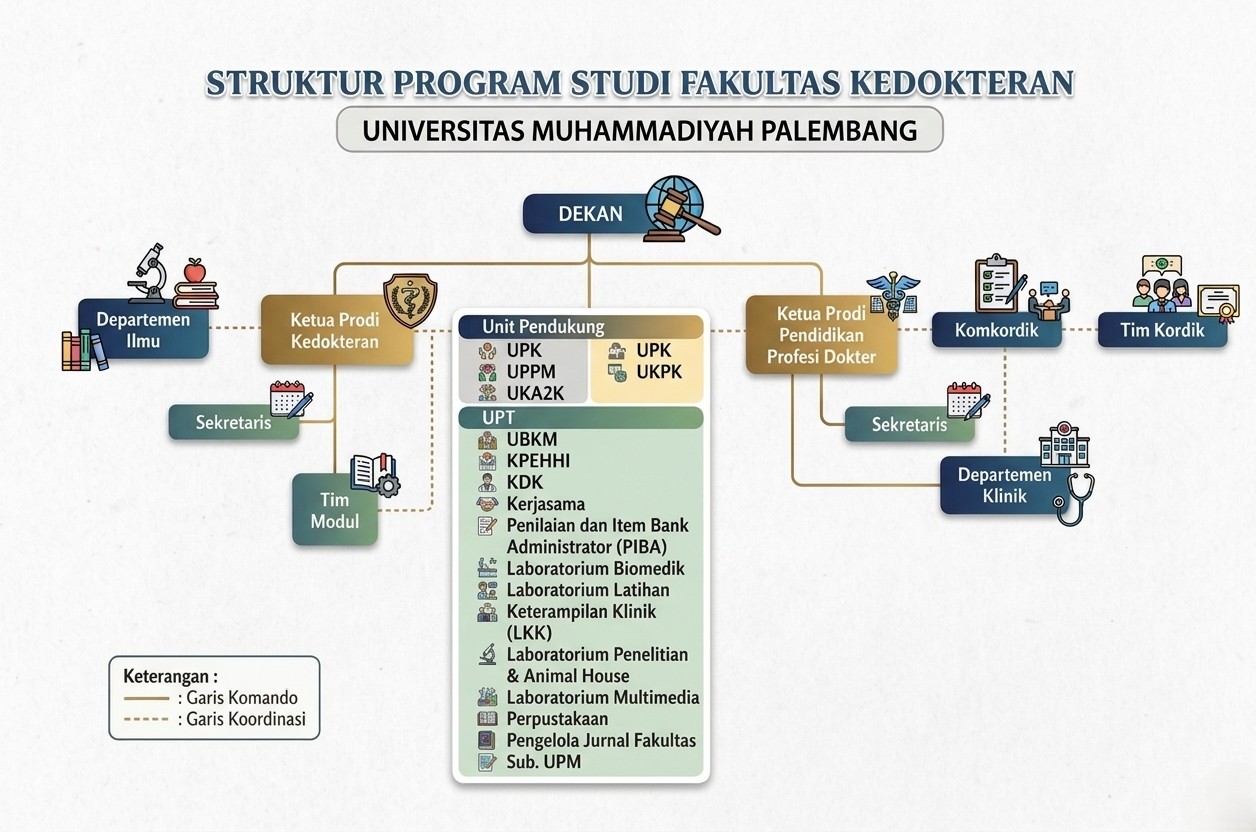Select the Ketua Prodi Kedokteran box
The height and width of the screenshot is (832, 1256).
tap(337, 330)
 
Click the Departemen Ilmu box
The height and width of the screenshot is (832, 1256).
tap(144, 329)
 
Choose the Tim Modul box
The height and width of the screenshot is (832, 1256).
tap(335, 510)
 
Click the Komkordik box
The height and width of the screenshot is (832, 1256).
tap(996, 330)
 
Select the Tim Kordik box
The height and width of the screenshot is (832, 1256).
tap(1162, 330)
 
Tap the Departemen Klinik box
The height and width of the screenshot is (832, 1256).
tap(1004, 485)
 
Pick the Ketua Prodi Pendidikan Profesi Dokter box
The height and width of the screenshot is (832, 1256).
tap(821, 335)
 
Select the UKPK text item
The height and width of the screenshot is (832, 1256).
tap(659, 372)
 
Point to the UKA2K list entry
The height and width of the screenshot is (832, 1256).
tap(535, 394)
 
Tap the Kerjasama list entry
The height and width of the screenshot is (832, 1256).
tap(546, 504)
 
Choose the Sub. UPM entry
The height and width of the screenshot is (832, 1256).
tap(543, 762)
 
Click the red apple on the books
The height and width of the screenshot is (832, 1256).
tap(195, 270)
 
